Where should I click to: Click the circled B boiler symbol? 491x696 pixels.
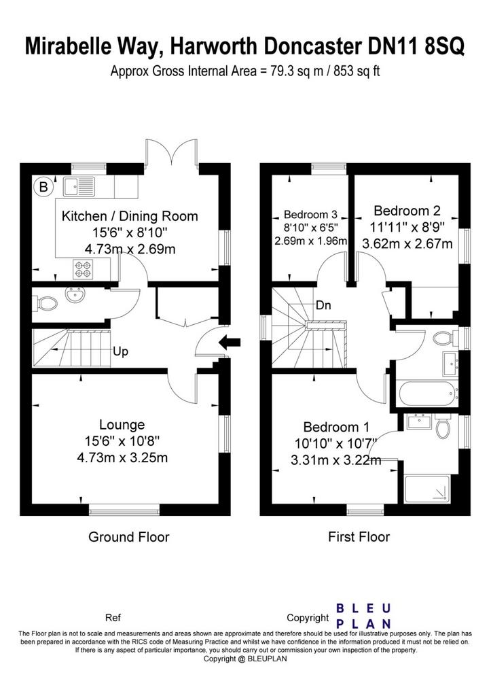[43, 187]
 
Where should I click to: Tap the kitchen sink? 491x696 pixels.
[79, 186]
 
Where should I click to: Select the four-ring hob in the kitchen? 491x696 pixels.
[82, 269]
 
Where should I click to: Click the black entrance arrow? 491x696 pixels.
[230, 343]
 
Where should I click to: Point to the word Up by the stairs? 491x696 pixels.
[120, 351]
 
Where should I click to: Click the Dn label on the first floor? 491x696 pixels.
[323, 305]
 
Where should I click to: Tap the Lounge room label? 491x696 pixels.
[122, 425]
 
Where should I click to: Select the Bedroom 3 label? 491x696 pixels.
[310, 214]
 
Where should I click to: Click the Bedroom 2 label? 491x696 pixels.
[407, 211]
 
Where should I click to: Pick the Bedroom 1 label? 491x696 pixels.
[336, 427]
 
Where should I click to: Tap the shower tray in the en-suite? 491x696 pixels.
[426, 489]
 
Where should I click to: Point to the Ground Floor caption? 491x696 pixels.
[129, 537]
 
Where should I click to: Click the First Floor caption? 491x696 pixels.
[359, 537]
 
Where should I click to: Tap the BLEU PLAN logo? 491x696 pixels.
[363, 616]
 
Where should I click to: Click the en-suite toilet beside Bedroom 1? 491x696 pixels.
[443, 427]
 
